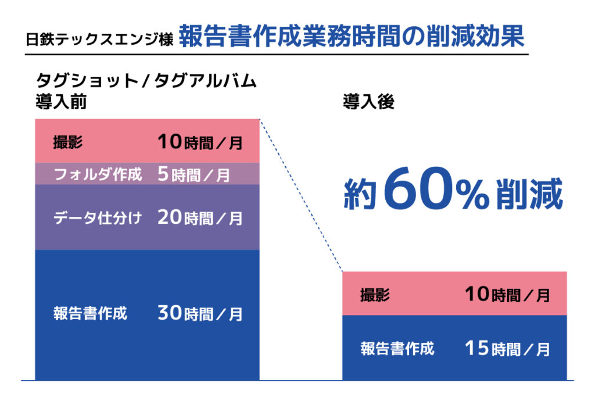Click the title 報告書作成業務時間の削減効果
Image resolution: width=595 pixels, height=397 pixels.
[x=352, y=36]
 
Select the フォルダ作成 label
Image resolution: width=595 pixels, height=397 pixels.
[x=97, y=174]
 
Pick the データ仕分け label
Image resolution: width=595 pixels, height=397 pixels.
[x=97, y=218]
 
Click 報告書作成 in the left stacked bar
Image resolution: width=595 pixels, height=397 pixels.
[x=90, y=314]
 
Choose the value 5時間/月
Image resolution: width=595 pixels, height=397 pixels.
[x=193, y=174]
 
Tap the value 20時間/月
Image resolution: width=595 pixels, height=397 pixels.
[x=199, y=218]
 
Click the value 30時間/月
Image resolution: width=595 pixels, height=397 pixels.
[x=199, y=314]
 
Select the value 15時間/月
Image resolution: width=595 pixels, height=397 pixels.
[x=507, y=349]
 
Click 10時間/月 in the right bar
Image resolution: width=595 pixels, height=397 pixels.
[x=507, y=295]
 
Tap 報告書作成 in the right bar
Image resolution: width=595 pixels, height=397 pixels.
[x=397, y=349]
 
